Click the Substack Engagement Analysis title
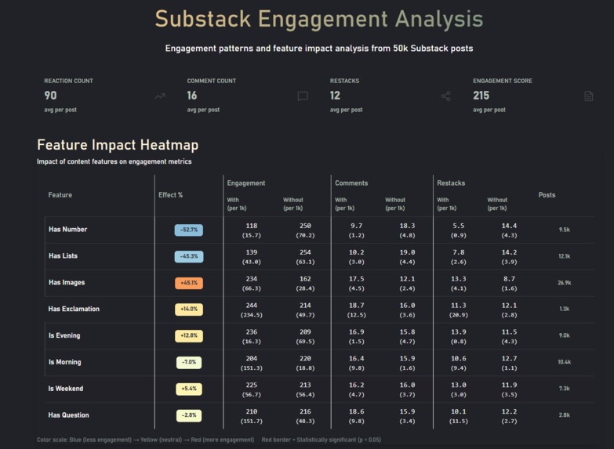tap(318, 19)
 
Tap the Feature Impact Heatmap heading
tap(118, 145)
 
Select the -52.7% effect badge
tap(188, 230)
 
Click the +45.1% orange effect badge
tap(188, 283)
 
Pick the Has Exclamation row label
tap(74, 309)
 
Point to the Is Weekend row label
tap(65, 389)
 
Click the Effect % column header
tap(170, 195)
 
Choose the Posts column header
tap(547, 195)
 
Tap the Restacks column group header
tap(451, 183)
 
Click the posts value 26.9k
tap(564, 283)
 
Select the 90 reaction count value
tap(50, 96)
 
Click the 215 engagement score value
tap(481, 96)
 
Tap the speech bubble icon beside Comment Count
tap(303, 96)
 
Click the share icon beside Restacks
tap(445, 96)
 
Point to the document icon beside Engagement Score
tap(589, 96)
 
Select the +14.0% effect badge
tap(188, 310)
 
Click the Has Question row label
tap(68, 415)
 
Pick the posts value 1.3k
tap(564, 310)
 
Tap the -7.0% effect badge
tap(188, 363)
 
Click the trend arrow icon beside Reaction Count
tap(160, 96)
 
